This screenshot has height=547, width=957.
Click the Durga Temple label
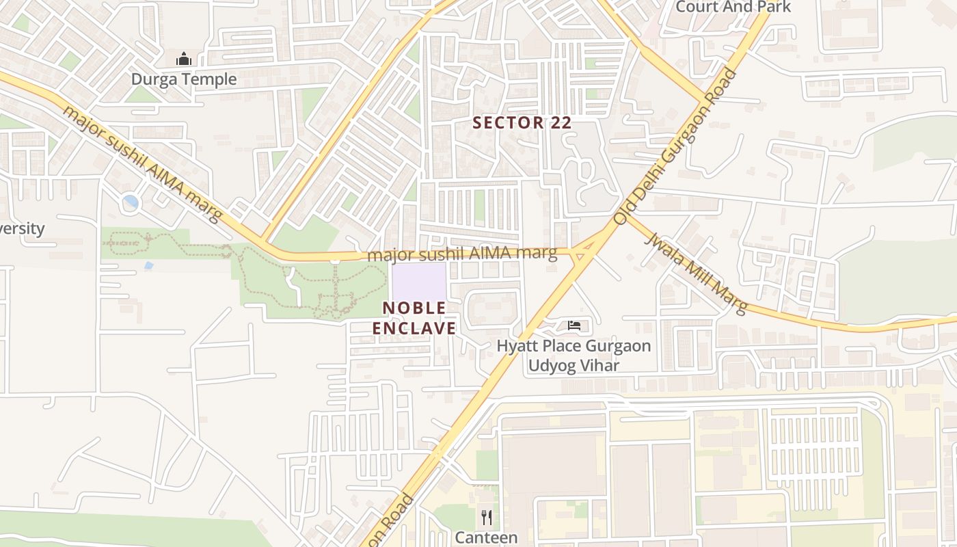(x=184, y=79)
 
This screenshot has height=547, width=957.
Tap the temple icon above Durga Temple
(x=183, y=59)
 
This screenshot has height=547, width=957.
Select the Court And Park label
(x=733, y=7)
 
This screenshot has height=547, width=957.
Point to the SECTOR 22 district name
(x=522, y=123)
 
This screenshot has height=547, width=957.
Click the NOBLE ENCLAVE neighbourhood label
(x=414, y=318)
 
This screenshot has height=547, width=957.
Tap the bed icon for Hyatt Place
(x=574, y=325)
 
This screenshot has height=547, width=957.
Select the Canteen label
(x=486, y=537)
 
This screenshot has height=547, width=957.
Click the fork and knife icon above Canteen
(x=486, y=517)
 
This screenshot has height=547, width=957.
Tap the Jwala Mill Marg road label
(x=696, y=273)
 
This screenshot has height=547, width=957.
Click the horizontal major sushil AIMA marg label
(x=462, y=254)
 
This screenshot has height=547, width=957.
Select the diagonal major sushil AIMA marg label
(x=142, y=163)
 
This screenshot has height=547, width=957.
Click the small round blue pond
(x=130, y=202)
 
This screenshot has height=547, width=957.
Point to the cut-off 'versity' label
(x=22, y=228)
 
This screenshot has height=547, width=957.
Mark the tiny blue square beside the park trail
(x=149, y=265)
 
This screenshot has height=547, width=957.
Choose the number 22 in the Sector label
(x=557, y=123)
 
